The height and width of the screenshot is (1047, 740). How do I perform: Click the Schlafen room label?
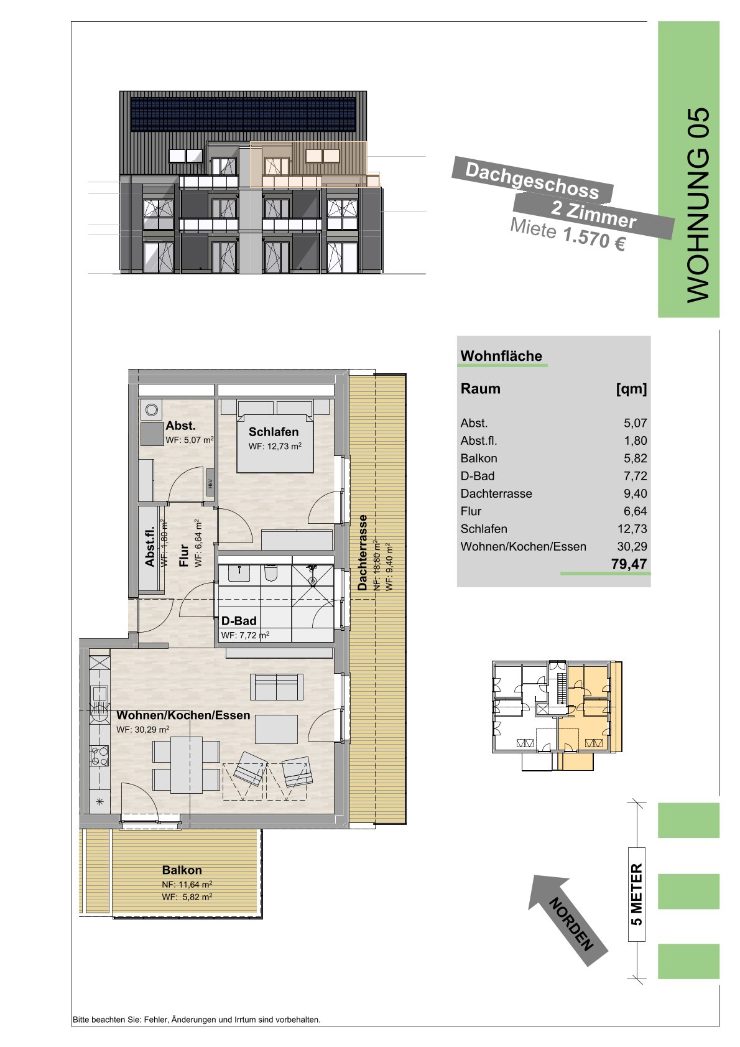[x=273, y=432]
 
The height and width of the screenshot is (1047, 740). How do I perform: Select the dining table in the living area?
[x=187, y=765]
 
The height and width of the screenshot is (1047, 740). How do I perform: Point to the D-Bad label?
[x=239, y=621]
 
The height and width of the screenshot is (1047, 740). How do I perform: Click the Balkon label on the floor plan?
[x=182, y=870]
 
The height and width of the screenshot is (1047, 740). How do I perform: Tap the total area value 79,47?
[x=629, y=564]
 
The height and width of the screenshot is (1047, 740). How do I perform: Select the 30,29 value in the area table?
[x=632, y=546]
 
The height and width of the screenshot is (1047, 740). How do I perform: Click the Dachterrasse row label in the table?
[x=496, y=493]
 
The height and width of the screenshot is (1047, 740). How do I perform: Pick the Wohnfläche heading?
[x=501, y=356]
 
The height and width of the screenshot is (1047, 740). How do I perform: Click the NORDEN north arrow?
[x=568, y=923]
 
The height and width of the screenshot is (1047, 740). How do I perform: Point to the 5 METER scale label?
[x=637, y=894]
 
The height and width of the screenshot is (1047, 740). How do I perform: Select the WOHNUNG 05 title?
[x=698, y=206]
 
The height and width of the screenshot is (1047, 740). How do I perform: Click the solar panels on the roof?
[x=243, y=114]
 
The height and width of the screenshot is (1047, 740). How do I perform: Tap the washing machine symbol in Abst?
[x=151, y=410]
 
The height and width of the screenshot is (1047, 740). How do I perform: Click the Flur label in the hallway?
[x=183, y=555]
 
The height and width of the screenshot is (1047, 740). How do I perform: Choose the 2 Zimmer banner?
[x=593, y=215]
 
